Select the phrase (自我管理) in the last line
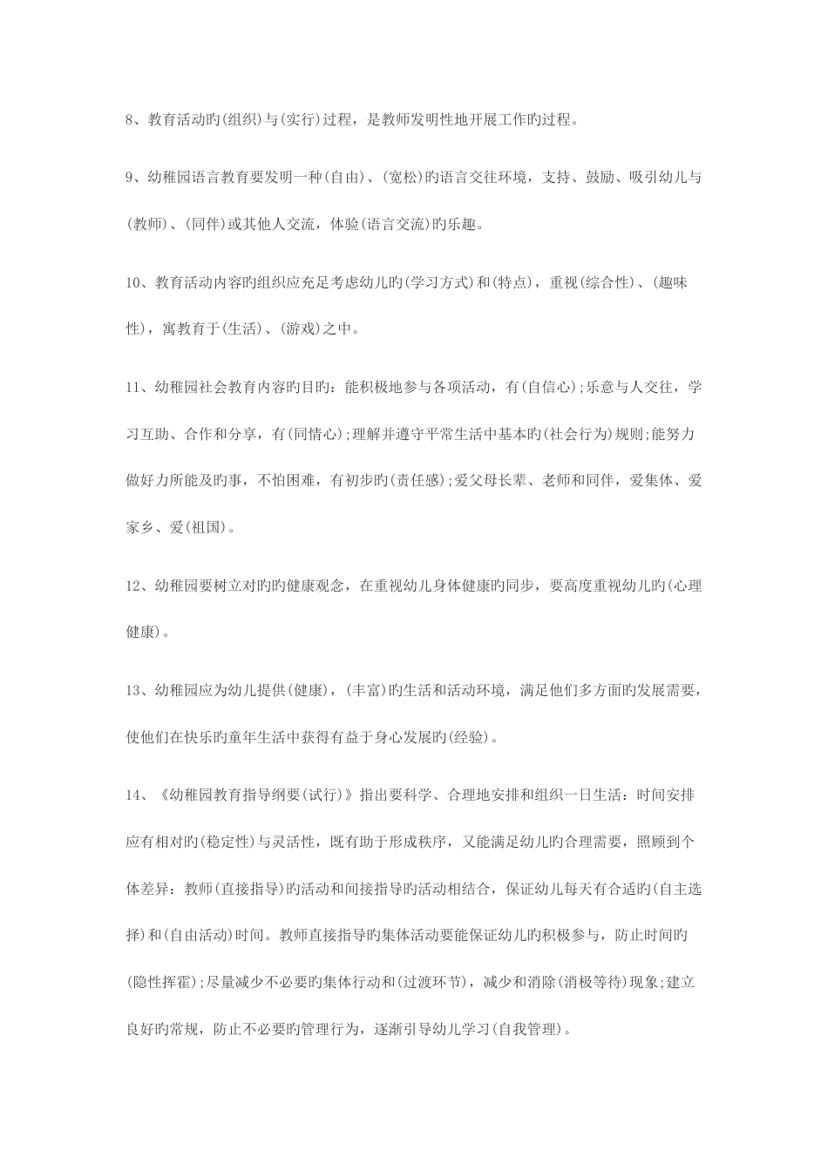pos(526,1029)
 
